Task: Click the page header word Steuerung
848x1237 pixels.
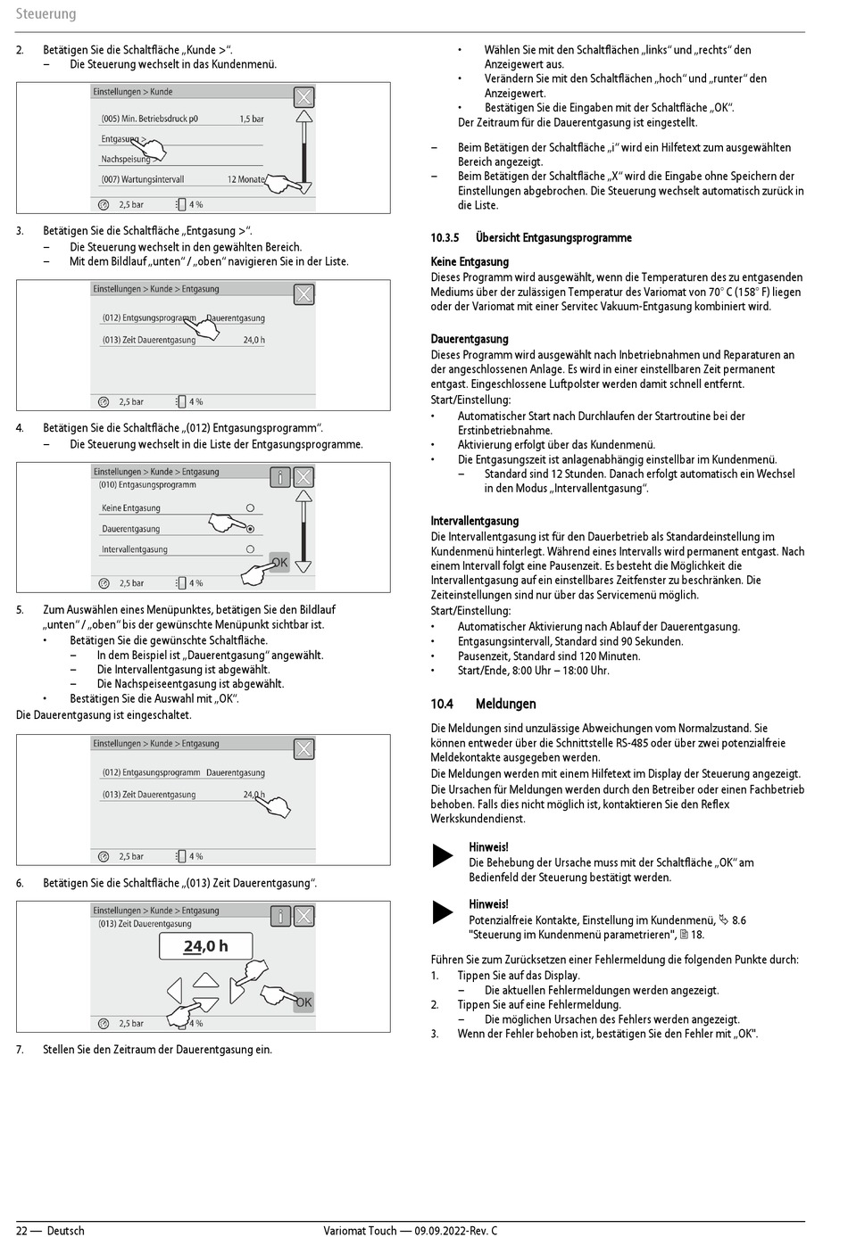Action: (46, 14)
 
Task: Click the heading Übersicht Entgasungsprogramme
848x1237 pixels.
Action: (553, 238)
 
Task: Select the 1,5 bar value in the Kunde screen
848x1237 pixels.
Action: (252, 119)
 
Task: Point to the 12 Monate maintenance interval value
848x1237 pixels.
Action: (245, 179)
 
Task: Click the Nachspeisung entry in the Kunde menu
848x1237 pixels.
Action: (126, 160)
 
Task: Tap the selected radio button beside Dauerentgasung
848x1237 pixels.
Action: (250, 529)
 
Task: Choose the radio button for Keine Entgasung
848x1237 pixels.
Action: (250, 507)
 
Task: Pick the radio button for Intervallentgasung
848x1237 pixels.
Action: (250, 549)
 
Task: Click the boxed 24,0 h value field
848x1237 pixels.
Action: (206, 946)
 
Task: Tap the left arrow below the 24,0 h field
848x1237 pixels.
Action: (174, 991)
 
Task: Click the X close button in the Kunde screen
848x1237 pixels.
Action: (304, 97)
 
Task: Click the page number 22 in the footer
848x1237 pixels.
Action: (22, 1231)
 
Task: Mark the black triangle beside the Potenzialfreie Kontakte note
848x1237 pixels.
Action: (443, 911)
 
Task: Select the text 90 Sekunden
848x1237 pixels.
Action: (654, 641)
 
